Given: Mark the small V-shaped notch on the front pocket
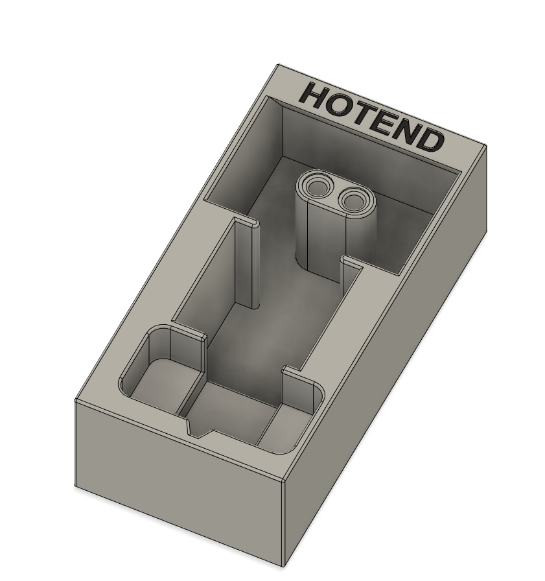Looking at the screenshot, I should tap(196, 429).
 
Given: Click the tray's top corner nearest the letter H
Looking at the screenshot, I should tap(279, 65).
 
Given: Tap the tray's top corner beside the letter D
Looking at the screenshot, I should tap(485, 146).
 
